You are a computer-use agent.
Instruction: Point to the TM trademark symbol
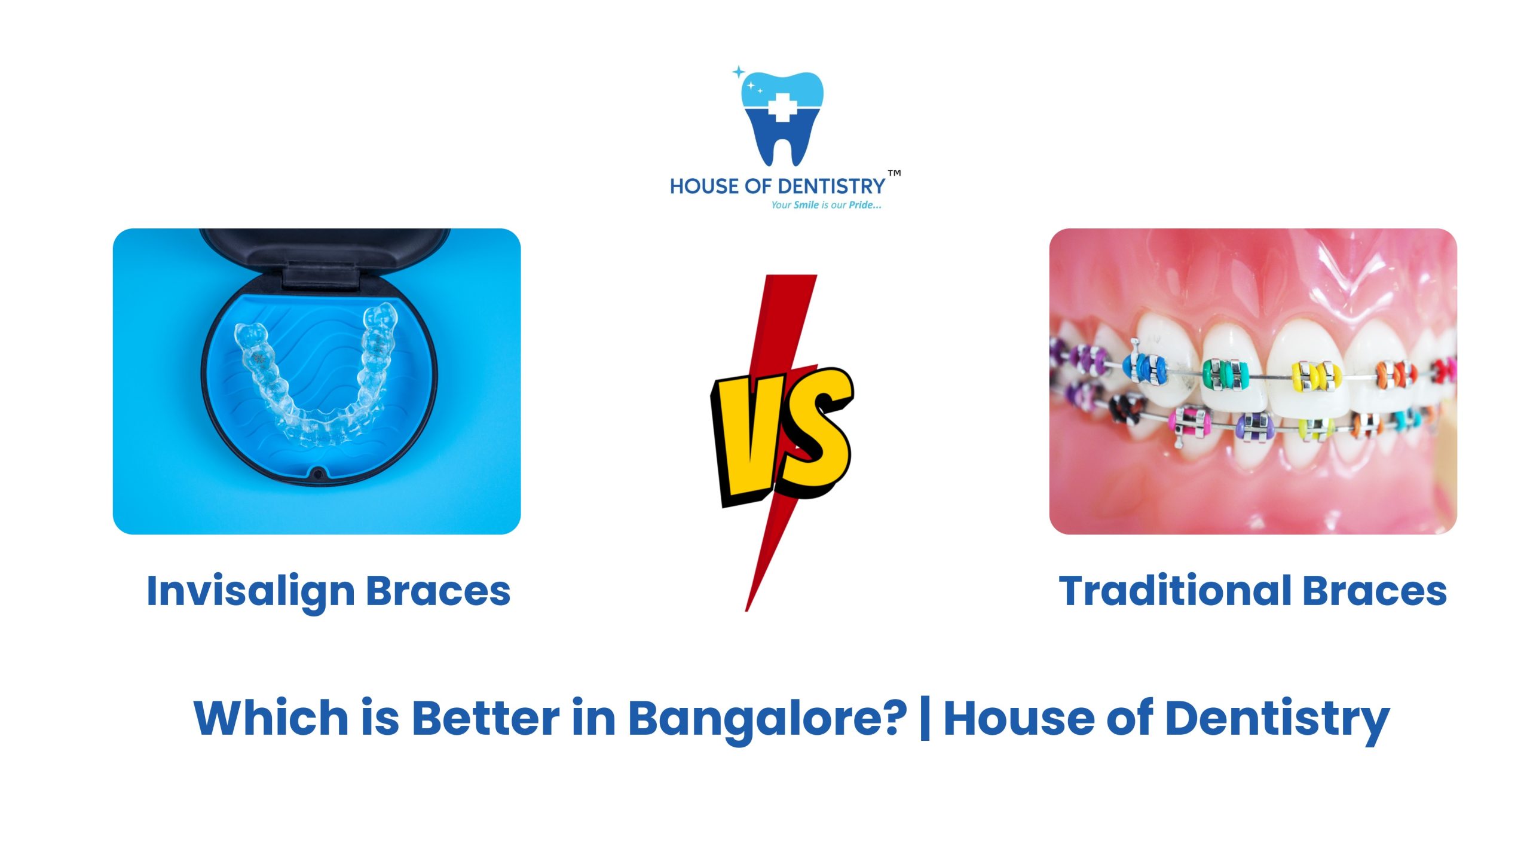[x=894, y=173]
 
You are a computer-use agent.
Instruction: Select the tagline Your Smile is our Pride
[x=826, y=205]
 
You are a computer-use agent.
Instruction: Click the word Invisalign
[x=250, y=591]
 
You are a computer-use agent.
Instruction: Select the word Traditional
[x=1175, y=591]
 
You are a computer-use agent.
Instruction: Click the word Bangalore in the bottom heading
[x=767, y=717]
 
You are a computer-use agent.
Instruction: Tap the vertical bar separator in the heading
[x=925, y=717]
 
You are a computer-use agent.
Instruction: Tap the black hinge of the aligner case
[x=321, y=276]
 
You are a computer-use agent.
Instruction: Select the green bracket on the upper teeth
[x=1225, y=374]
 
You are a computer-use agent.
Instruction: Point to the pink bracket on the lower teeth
[x=1189, y=422]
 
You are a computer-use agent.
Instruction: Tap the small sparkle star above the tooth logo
[x=739, y=72]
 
